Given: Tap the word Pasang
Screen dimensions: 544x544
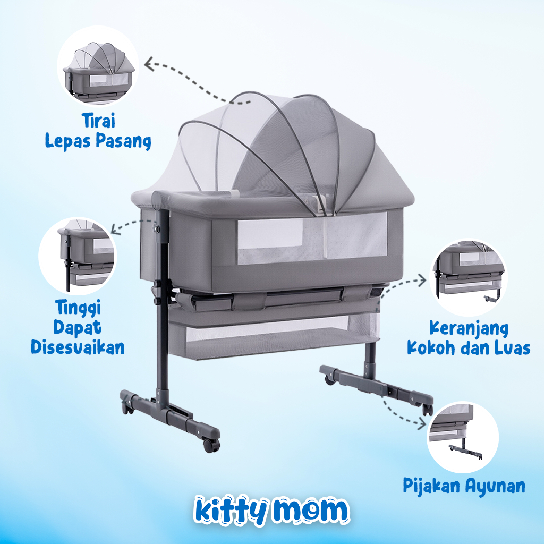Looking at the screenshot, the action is [125, 141].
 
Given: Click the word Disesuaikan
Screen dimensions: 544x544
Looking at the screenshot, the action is [78, 347].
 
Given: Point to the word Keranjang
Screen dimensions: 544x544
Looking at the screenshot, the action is [469, 328].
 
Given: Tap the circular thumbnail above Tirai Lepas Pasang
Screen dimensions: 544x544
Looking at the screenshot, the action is [98, 67].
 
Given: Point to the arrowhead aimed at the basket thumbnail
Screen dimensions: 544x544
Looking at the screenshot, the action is [423, 280].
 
